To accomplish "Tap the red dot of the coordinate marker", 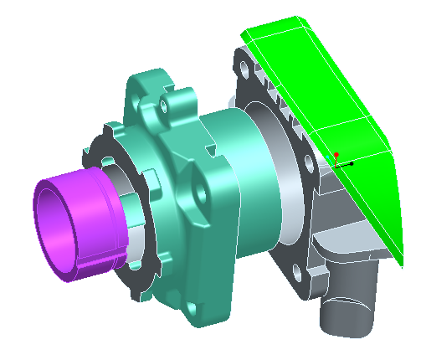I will (x=336, y=155).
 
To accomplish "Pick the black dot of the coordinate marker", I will (x=352, y=162).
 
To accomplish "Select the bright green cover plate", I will (x=335, y=100).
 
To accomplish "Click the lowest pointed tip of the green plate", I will (x=403, y=264).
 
